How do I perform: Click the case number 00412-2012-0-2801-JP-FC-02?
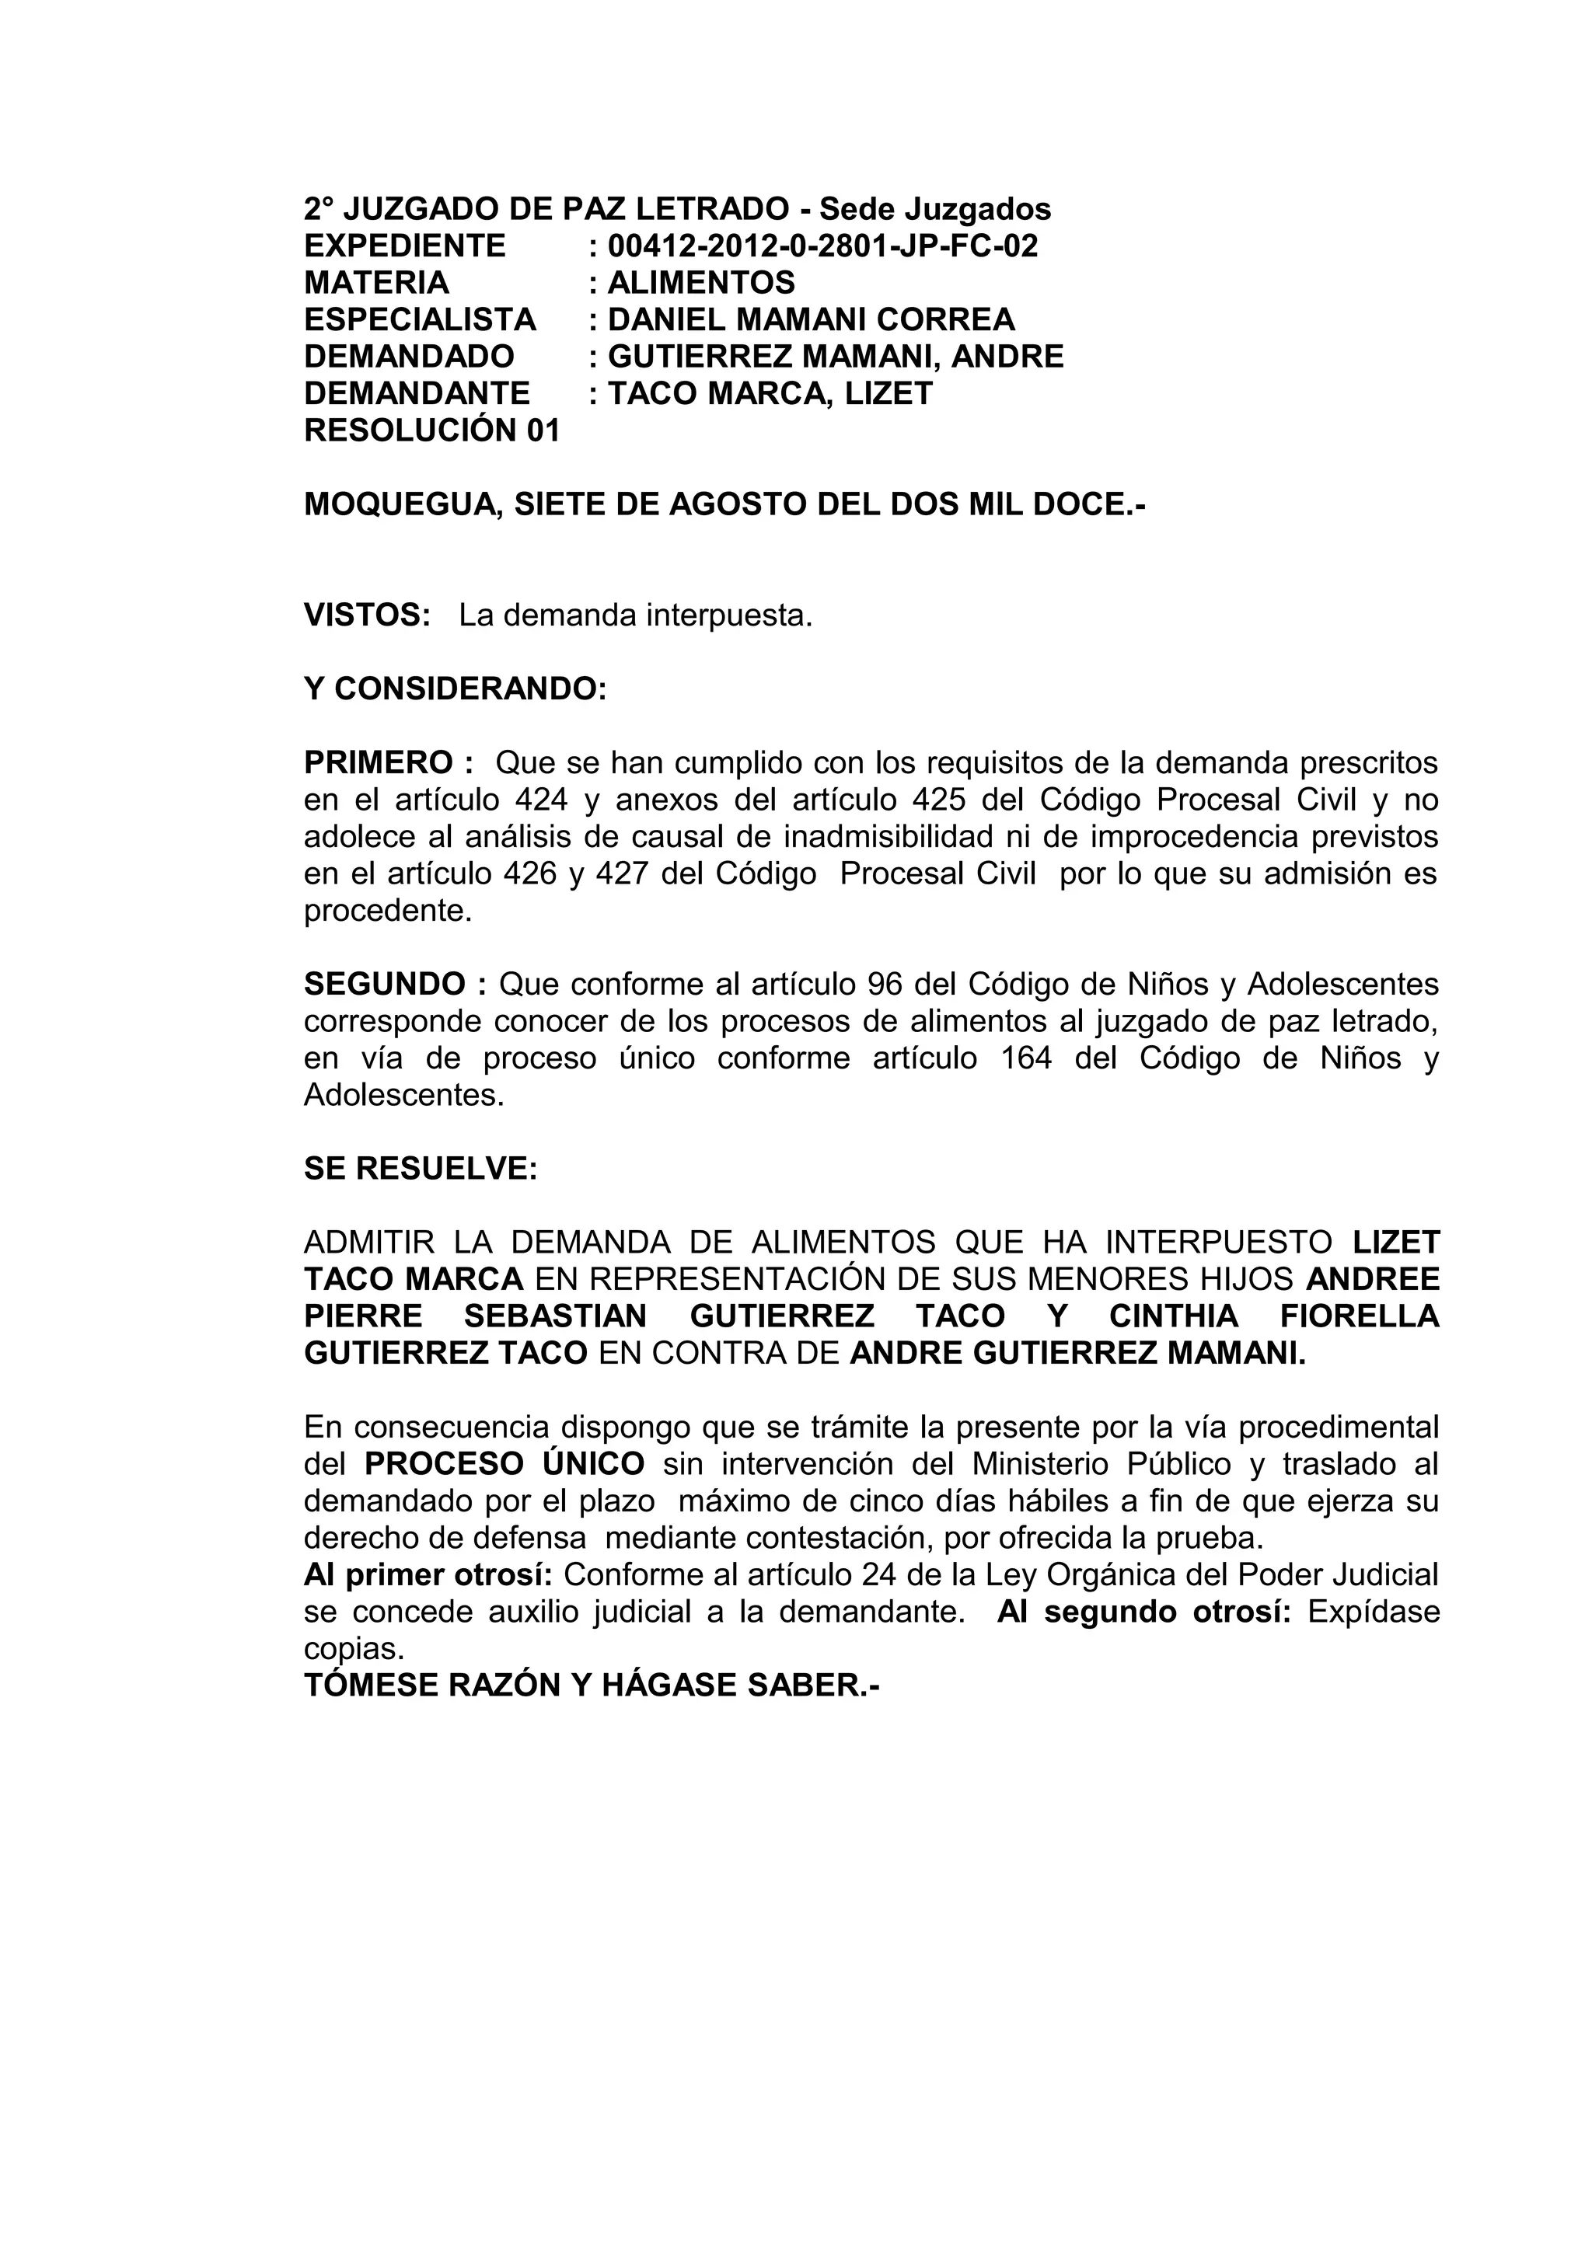click(x=822, y=246)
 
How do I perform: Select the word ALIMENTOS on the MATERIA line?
click(x=700, y=284)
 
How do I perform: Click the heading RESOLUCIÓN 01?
click(x=431, y=431)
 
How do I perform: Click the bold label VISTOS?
click(x=367, y=616)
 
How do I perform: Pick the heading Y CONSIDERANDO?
click(x=456, y=689)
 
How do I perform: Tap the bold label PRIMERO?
click(x=378, y=763)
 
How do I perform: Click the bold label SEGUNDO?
click(x=385, y=984)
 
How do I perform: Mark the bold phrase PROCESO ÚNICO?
click(x=504, y=1464)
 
